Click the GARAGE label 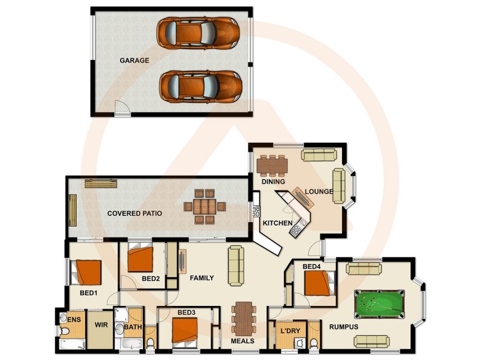(x=134, y=61)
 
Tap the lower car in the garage (x=200, y=86)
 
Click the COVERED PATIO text (x=134, y=213)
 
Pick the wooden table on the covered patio (x=205, y=207)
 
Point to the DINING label (x=273, y=181)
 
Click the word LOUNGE (x=319, y=192)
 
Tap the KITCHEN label (x=277, y=223)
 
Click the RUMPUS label (x=344, y=327)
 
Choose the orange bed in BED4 (x=317, y=284)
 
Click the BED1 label (x=89, y=293)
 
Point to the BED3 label (x=187, y=313)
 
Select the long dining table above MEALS (x=244, y=318)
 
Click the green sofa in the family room (x=236, y=265)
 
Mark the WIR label (x=100, y=326)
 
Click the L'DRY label (x=290, y=331)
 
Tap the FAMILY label (x=202, y=278)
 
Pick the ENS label (x=74, y=320)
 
